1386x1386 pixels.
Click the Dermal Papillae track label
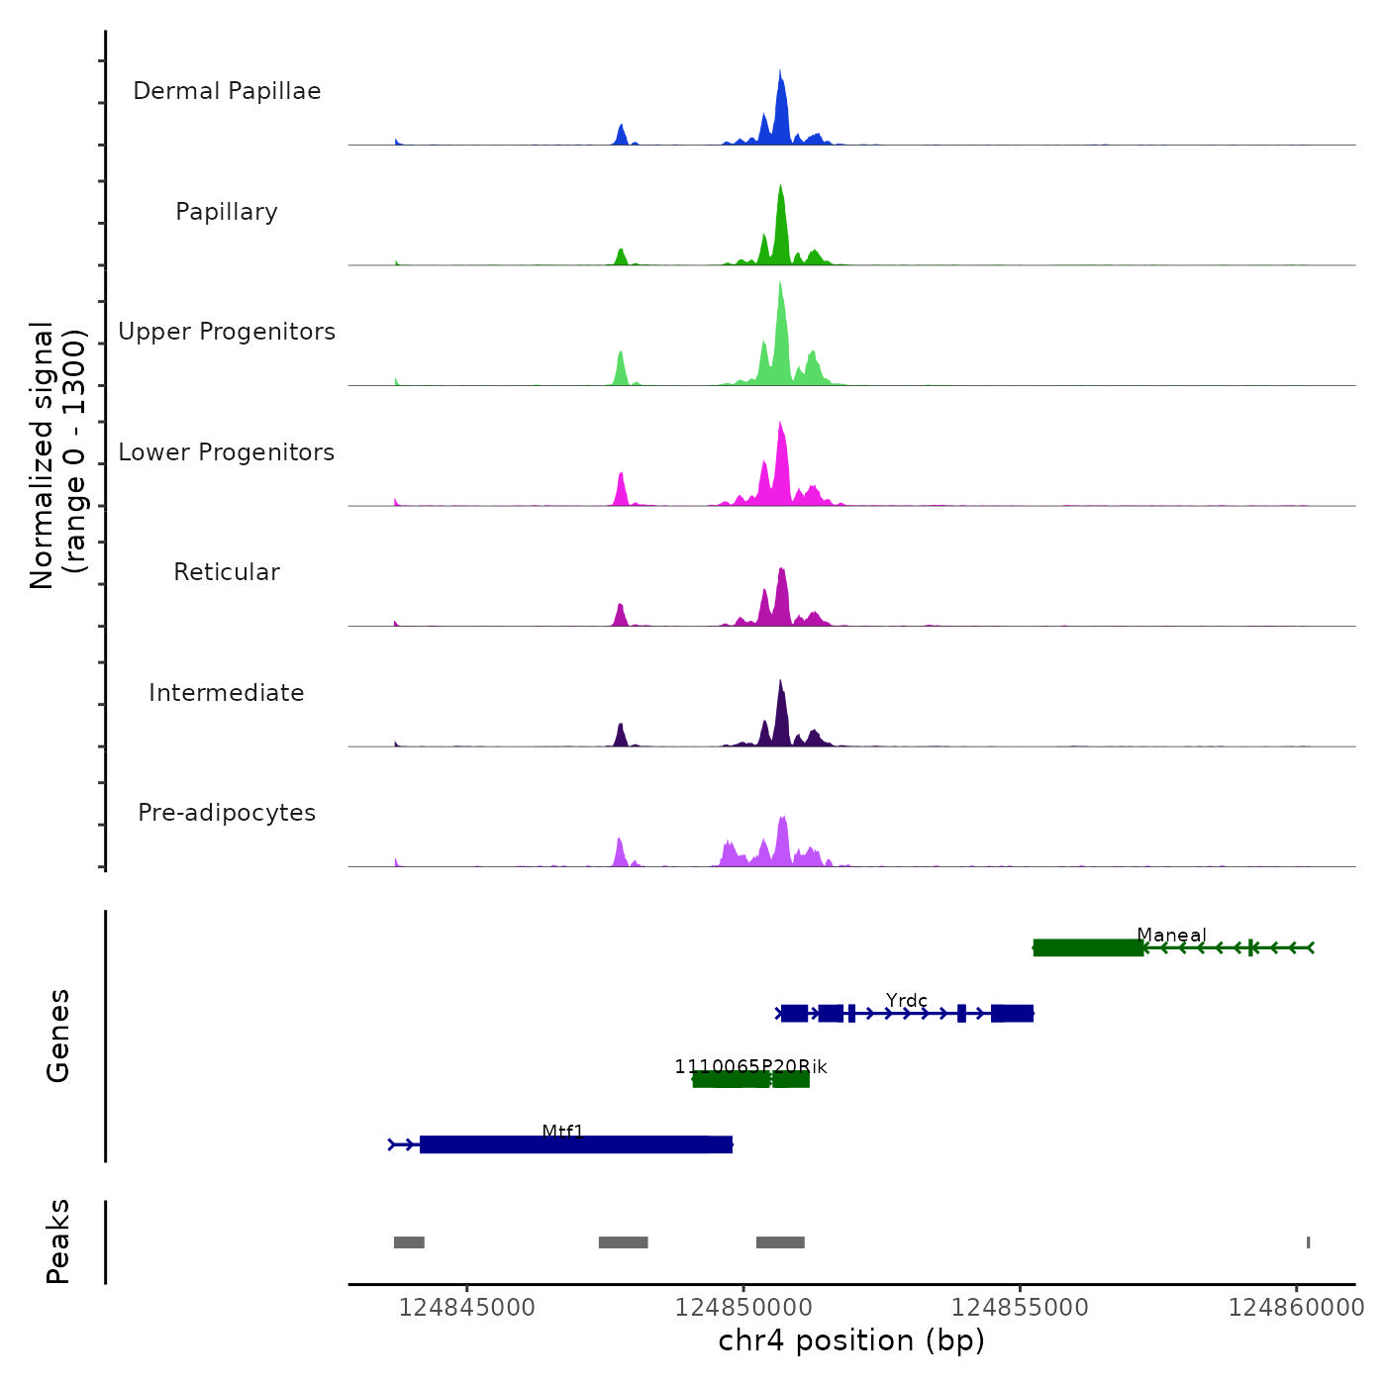tap(227, 91)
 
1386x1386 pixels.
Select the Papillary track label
tap(227, 212)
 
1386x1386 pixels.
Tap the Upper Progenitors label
tap(227, 332)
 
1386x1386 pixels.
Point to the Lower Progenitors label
tap(227, 452)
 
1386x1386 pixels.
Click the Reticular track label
tap(227, 572)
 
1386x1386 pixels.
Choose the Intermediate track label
tap(227, 693)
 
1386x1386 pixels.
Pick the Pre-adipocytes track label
tap(227, 813)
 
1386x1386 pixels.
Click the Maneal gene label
tap(1171, 935)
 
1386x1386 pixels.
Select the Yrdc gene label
tap(907, 1000)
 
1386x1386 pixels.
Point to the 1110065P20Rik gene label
tap(750, 1066)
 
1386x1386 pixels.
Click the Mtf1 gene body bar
tap(575, 1145)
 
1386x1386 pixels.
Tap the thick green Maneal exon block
tap(1087, 948)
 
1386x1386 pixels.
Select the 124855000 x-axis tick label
tap(1020, 1308)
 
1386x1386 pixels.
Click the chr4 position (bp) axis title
tap(851, 1340)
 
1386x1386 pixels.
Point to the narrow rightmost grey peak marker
tap(1308, 1242)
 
